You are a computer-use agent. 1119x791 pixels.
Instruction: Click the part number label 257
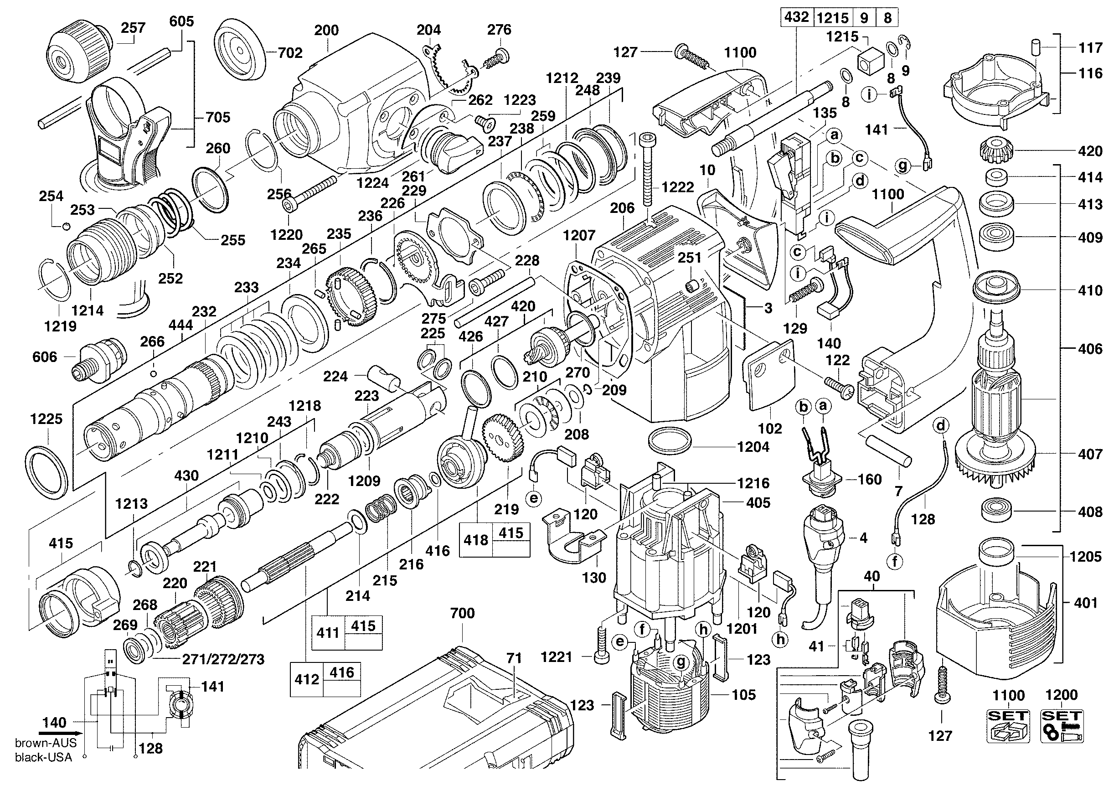click(133, 28)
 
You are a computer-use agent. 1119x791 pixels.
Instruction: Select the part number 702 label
click(290, 52)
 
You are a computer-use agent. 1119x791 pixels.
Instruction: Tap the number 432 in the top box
click(796, 17)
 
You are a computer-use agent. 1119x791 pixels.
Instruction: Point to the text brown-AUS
click(45, 743)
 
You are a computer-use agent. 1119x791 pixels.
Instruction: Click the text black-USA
click(43, 757)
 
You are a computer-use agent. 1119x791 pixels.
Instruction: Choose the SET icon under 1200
click(1062, 726)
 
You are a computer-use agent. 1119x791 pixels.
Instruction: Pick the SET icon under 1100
click(1008, 726)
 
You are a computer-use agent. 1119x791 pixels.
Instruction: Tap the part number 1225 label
click(46, 419)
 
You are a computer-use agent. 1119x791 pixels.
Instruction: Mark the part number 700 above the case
click(462, 613)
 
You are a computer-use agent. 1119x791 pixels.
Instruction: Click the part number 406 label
click(1090, 348)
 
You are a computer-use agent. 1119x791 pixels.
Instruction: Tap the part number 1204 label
click(753, 446)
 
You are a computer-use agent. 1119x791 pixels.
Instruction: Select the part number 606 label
click(44, 357)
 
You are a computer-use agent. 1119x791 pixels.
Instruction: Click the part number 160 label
click(870, 479)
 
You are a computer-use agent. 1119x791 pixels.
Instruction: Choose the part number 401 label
click(1086, 603)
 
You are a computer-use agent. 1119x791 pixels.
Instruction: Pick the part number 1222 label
click(677, 187)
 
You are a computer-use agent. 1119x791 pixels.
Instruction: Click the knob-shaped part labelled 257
click(78, 50)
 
